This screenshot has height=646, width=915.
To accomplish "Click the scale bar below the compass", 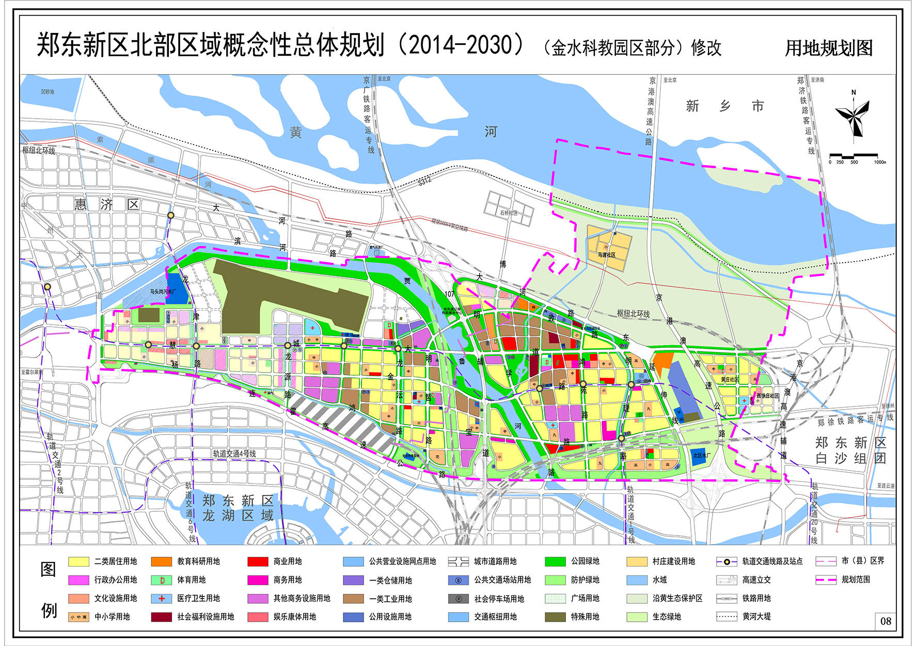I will tap(853, 155).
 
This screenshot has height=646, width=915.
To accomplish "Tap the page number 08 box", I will tap(886, 621).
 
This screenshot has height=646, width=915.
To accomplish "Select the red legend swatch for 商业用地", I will tap(258, 561).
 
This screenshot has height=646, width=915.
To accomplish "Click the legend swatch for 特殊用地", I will tap(555, 617).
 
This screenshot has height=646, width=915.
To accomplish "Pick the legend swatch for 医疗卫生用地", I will tap(162, 599).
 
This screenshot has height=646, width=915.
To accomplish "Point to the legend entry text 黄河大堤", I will tap(756, 617).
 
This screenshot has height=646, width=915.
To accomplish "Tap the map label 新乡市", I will tap(724, 106).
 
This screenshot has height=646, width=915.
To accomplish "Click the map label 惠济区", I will tap(106, 204).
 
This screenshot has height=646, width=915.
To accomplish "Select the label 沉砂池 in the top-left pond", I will tap(48, 92).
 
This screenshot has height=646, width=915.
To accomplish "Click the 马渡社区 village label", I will tap(606, 255).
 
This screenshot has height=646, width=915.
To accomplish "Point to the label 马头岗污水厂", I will tap(163, 292).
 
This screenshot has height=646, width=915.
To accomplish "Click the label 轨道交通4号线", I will tap(234, 454).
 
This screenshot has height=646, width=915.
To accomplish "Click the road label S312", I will tap(424, 181).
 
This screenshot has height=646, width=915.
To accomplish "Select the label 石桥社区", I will tap(508, 213).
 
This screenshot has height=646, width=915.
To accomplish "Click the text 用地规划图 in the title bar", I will tap(828, 48).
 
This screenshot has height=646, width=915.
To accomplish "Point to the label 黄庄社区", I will tap(730, 379).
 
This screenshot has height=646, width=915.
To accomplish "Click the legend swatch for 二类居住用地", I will tap(78, 561).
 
